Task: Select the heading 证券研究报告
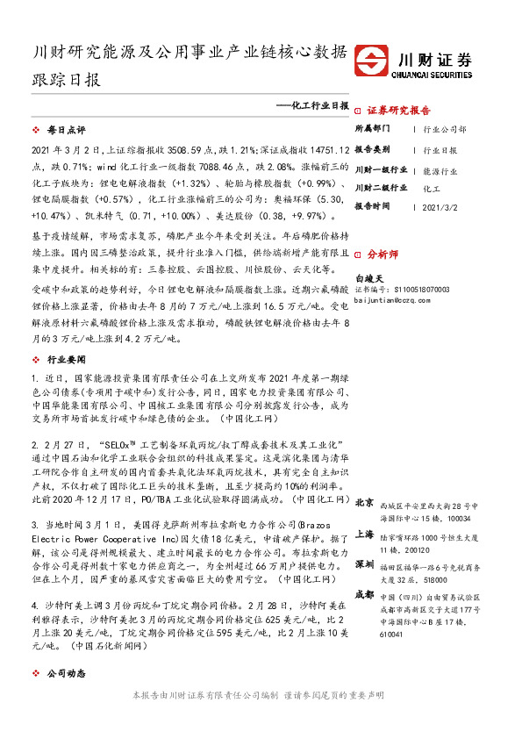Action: pos(398,111)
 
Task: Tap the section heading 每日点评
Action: pos(63,129)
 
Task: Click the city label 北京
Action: pos(364,503)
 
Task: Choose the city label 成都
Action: pos(364,594)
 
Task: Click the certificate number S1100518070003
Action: pos(417,288)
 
